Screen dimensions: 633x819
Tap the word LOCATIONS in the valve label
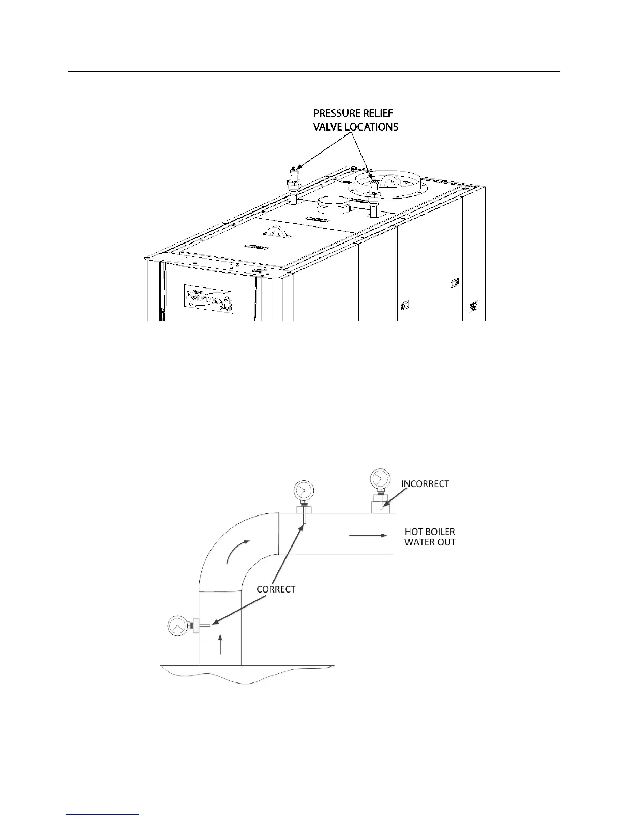click(370, 127)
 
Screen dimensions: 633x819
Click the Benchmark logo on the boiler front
click(208, 299)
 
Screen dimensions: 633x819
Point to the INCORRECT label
click(425, 484)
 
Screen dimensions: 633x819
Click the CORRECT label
click(276, 589)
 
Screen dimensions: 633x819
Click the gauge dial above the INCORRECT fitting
click(380, 478)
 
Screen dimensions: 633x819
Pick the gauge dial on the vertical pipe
click(177, 626)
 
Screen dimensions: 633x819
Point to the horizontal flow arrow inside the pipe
click(368, 535)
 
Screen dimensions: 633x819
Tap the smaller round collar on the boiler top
click(334, 205)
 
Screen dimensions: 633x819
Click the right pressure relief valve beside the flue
click(373, 195)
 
